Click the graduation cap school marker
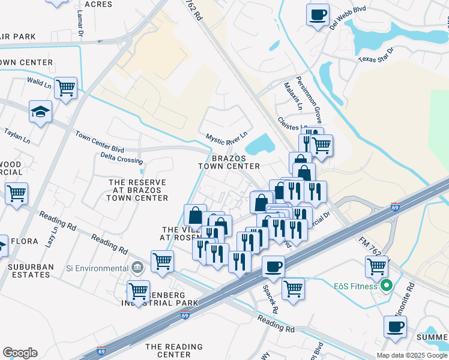41,112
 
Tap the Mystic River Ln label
227,139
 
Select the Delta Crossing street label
122,158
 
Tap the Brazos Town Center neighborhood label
229,162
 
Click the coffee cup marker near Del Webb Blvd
318,14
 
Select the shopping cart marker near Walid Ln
65,88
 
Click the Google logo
20,353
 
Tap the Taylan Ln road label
17,136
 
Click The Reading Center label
173,350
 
